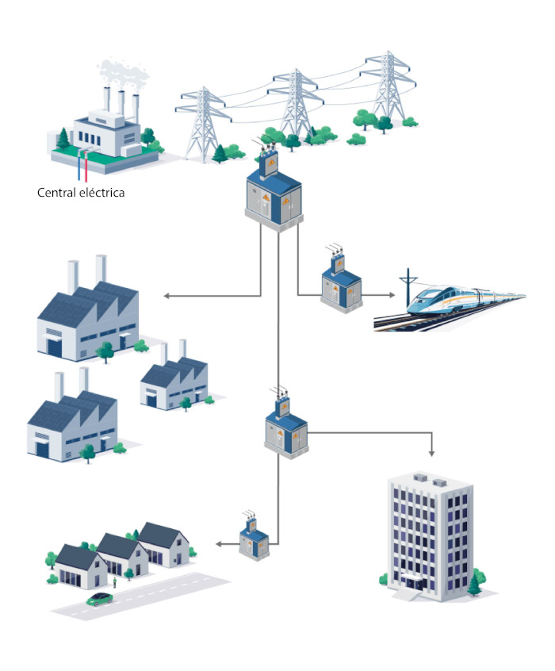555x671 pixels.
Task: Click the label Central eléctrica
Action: click(x=81, y=193)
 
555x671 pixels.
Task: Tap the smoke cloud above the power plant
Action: click(x=122, y=73)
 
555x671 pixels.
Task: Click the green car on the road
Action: click(x=100, y=599)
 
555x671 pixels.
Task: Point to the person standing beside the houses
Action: click(x=115, y=582)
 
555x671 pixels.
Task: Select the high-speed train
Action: click(x=465, y=300)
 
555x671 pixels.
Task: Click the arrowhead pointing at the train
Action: click(x=392, y=295)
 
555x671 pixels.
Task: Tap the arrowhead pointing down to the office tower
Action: click(x=431, y=453)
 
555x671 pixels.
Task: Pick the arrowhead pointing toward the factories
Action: click(x=166, y=296)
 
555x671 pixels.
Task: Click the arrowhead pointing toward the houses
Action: click(x=219, y=544)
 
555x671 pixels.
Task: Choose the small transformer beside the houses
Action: click(x=255, y=537)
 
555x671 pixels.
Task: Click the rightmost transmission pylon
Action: click(x=388, y=86)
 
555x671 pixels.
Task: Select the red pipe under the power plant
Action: click(x=86, y=167)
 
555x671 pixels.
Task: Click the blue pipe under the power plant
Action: click(x=79, y=166)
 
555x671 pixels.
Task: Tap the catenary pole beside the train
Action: click(x=408, y=288)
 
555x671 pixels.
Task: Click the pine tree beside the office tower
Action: click(x=474, y=585)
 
